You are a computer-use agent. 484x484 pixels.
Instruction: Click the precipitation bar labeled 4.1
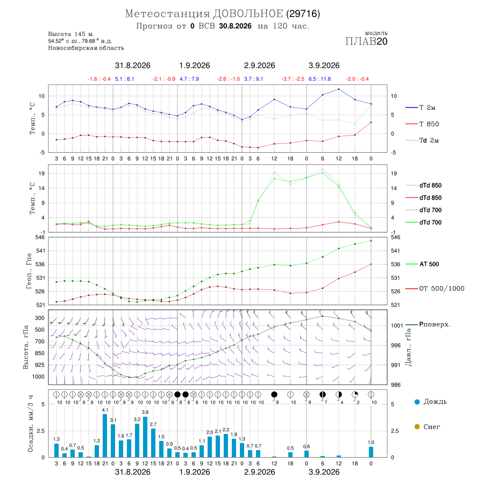105,436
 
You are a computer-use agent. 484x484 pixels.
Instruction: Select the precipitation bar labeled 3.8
145,437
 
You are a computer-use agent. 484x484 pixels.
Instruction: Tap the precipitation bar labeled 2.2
226,445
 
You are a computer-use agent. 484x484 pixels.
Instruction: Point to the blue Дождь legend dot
417,402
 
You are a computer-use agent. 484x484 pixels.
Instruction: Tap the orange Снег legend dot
417,426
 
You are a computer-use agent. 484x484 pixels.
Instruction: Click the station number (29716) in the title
303,14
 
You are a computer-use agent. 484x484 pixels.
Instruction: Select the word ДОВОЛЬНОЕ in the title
248,14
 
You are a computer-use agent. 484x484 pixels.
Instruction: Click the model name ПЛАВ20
366,41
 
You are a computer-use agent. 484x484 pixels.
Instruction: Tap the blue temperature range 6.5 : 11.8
320,79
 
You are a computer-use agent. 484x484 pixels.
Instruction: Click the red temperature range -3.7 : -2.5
293,79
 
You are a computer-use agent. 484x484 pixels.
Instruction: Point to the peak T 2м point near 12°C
339,89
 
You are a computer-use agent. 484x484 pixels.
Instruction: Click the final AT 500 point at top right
371,241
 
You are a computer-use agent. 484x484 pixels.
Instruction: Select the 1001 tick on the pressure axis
397,325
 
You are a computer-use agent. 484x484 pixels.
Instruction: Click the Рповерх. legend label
435,324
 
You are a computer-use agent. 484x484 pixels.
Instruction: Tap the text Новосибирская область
86,48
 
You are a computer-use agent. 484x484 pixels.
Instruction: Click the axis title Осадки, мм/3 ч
30,424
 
